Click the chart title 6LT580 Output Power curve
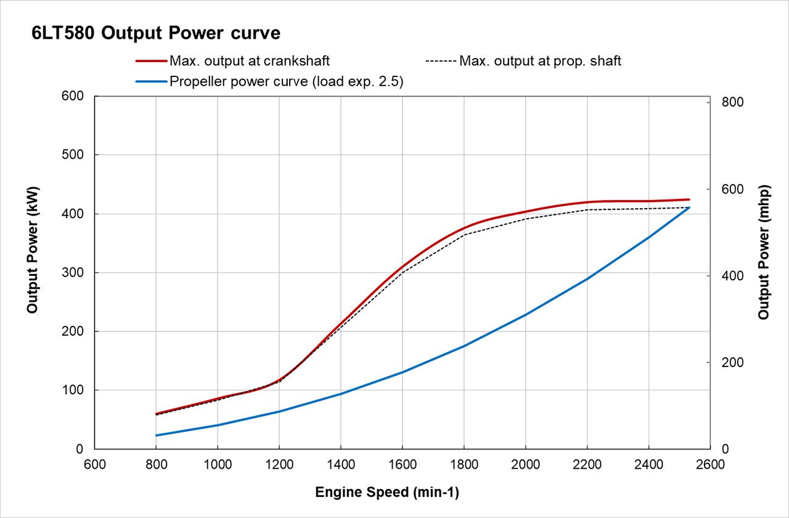156,33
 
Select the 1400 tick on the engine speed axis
340,465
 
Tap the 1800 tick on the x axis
464,465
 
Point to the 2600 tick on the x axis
710,465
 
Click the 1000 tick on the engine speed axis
217,465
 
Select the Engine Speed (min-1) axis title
387,493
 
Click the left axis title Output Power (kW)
32,249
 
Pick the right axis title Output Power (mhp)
764,252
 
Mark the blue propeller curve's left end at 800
156,435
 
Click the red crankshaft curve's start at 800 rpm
156,413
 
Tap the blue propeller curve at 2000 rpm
525,315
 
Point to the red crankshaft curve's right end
689,200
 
